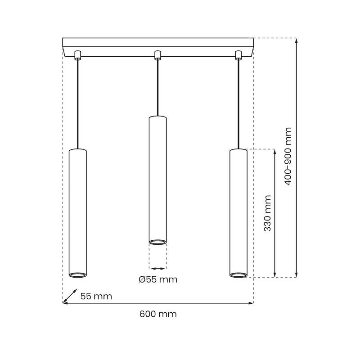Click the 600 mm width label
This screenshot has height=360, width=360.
[x=158, y=314]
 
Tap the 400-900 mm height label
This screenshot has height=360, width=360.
[x=288, y=156]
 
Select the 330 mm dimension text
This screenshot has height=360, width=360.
[x=267, y=213]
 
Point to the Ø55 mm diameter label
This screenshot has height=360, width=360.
[x=158, y=279]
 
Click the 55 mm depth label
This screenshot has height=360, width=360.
[x=96, y=296]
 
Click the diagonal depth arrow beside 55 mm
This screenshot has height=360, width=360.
[x=69, y=295]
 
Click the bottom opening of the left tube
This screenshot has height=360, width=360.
[x=77, y=274]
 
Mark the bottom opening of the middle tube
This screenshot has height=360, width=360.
[x=157, y=243]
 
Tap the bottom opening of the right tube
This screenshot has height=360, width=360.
[x=238, y=274]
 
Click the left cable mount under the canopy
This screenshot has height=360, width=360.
[x=77, y=55]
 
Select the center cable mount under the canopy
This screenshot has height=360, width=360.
[x=157, y=55]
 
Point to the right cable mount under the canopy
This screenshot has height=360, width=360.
[x=238, y=55]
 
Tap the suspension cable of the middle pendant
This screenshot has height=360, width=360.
[x=157, y=88]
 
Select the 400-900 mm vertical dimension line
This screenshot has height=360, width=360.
[x=297, y=157]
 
